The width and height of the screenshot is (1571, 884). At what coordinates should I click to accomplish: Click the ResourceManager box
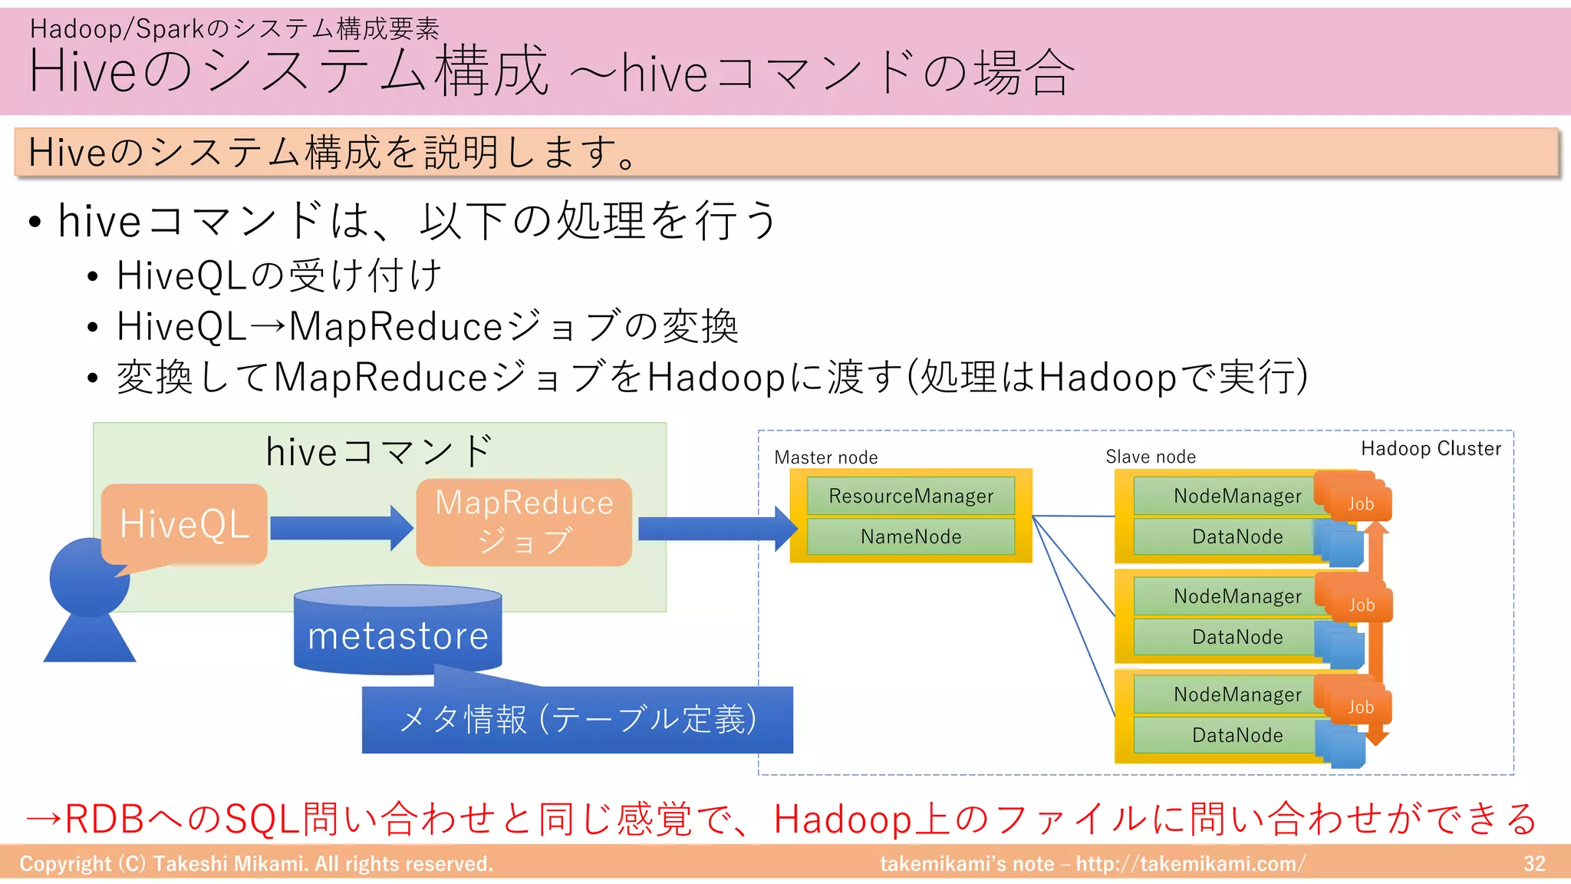[x=911, y=496]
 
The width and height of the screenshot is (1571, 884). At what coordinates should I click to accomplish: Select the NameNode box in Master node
[x=911, y=536]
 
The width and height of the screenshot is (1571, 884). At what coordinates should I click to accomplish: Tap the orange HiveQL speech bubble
[x=184, y=524]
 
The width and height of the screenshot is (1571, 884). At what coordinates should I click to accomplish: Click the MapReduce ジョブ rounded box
[x=524, y=522]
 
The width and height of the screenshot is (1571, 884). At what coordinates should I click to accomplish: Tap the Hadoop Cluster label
[x=1431, y=449]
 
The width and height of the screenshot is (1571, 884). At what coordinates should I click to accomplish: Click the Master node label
[x=825, y=457]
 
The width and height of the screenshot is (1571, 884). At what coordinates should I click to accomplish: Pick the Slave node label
[x=1150, y=457]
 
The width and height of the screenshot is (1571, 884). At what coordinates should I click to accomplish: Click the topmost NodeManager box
[x=1237, y=496]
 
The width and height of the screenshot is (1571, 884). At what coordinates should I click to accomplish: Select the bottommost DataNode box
[x=1237, y=735]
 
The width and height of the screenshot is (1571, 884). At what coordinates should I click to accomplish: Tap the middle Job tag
[x=1361, y=605]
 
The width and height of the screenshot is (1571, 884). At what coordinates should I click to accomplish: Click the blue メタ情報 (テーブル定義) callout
[x=577, y=720]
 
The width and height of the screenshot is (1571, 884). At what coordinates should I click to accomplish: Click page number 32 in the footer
[x=1533, y=864]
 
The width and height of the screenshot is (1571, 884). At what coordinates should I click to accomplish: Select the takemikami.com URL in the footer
[x=1190, y=864]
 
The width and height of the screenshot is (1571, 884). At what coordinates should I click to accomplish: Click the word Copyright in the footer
[x=65, y=864]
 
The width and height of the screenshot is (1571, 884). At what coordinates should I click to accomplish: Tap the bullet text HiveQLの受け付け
[x=279, y=275]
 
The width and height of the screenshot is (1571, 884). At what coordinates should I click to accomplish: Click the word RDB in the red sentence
[x=104, y=819]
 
